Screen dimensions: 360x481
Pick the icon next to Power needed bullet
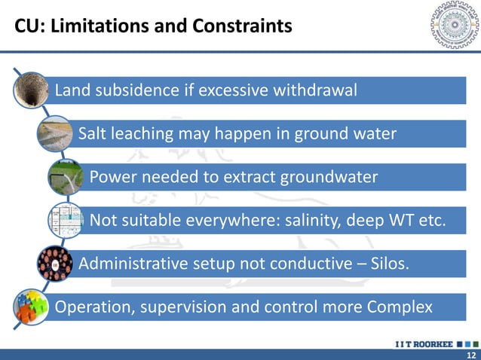tap(66, 179)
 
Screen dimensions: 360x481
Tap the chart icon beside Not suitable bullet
tap(66, 221)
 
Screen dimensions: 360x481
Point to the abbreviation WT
tap(400, 221)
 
